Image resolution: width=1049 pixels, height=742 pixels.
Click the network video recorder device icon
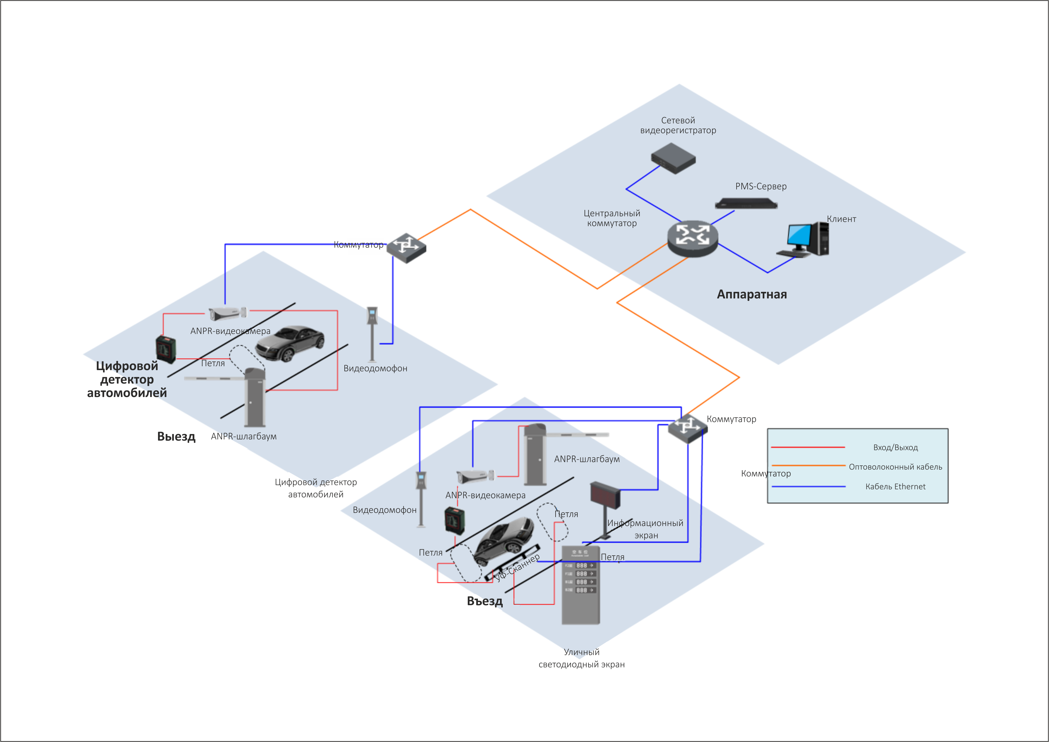[673, 158]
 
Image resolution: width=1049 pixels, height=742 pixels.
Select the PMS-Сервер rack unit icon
[746, 203]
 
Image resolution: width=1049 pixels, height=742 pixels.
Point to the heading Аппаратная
[752, 294]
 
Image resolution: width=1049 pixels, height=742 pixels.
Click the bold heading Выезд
[176, 436]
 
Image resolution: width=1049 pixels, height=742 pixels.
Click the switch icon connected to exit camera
[406, 248]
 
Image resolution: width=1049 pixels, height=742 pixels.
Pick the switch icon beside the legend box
[687, 428]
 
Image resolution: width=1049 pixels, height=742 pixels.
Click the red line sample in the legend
[807, 447]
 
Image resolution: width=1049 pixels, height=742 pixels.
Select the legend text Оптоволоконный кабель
[895, 467]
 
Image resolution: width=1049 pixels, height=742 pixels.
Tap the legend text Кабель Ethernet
[895, 487]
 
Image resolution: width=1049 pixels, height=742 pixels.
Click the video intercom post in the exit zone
[372, 334]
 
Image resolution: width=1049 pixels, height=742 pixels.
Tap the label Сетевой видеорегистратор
[678, 125]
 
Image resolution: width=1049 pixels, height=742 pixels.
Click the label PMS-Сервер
[761, 186]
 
